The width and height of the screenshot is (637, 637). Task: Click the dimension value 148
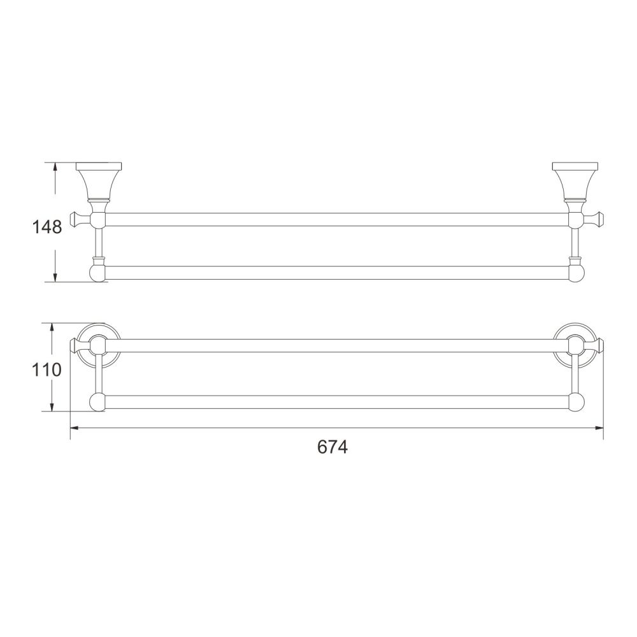pos(47,226)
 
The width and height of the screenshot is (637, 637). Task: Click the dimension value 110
pos(47,369)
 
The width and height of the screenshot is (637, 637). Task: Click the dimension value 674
pos(333,447)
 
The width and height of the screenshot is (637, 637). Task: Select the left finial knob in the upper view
pos(78,220)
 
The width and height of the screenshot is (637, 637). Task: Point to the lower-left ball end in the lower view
pos(97,403)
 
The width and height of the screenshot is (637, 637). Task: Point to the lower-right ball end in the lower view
pos(576,403)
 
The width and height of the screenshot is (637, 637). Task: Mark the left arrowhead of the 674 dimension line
pos(73,428)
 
